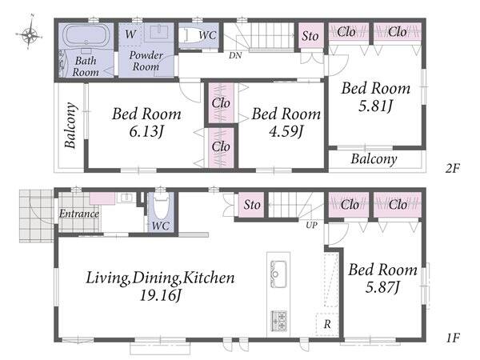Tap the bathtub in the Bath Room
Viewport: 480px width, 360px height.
tap(87, 35)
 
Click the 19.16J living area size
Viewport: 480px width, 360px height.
tap(161, 296)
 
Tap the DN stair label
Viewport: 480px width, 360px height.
tap(235, 55)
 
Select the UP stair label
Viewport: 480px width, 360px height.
tap(312, 226)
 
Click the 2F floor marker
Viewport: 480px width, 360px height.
tap(453, 168)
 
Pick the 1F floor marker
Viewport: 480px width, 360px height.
tap(453, 338)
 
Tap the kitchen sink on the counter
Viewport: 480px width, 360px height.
tap(278, 274)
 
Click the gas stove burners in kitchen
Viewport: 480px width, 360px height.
tap(278, 321)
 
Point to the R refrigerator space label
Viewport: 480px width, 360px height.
tap(327, 324)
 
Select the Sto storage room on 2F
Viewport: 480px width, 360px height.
tap(310, 36)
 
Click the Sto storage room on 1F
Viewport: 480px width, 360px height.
tap(252, 205)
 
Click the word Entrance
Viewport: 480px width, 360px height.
tap(79, 214)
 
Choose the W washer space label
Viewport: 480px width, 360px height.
tap(130, 34)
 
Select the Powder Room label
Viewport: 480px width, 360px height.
tap(146, 61)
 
